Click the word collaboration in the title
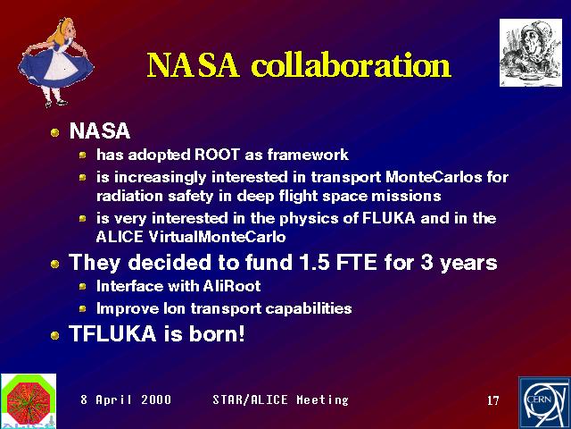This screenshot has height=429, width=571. click(352, 65)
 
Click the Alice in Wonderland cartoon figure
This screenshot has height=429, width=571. click(55, 62)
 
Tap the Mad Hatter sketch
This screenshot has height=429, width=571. click(531, 53)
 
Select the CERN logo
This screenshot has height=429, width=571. click(545, 403)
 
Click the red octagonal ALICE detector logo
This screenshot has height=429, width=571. click(29, 400)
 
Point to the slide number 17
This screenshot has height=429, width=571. click(493, 400)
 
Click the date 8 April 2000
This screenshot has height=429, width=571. click(126, 400)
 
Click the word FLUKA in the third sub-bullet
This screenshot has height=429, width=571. click(389, 218)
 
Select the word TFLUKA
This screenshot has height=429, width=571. click(112, 333)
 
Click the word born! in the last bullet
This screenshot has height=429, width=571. click(217, 333)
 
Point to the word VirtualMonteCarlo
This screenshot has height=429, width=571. click(217, 237)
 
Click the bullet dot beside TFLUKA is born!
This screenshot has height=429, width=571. click(55, 335)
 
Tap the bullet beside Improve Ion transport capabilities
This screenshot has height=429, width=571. click(83, 309)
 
